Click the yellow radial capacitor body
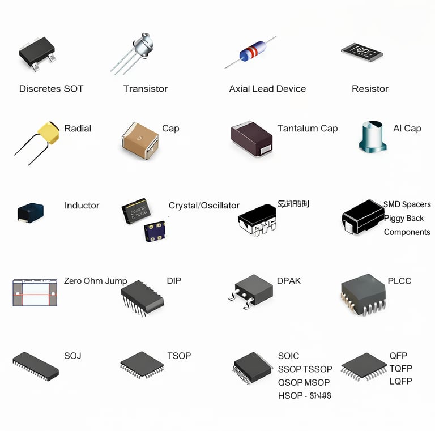point(49,133)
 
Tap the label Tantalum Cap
point(308,129)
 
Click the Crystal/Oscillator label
point(204,206)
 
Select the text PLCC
point(399,281)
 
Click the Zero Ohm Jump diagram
point(35,292)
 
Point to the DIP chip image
point(142,296)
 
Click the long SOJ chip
point(36,366)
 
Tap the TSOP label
point(179,356)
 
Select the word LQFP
point(400,381)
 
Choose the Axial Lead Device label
point(267,89)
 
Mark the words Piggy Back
point(404,218)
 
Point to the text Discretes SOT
point(51,89)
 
